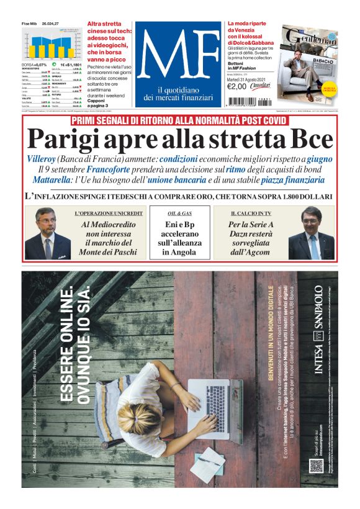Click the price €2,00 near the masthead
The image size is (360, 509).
tap(237, 86)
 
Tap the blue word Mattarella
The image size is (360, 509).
tap(56, 180)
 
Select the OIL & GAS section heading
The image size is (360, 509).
tap(180, 213)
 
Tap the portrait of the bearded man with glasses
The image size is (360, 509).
tap(48, 235)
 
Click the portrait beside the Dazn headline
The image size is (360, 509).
tap(311, 235)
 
